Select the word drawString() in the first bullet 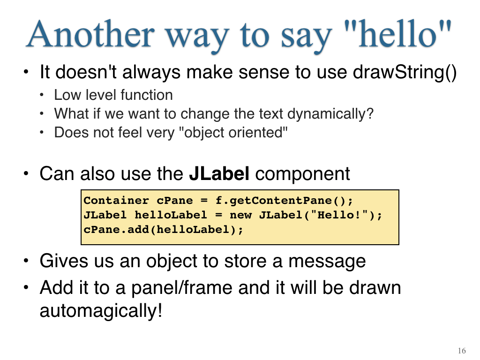[405, 73]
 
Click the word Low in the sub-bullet [67, 95]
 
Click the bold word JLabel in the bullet [219, 173]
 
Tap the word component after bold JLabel [302, 174]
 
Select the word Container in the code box [116, 200]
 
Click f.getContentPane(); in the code [284, 201]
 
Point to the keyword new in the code [240, 215]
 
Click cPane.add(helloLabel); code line [164, 230]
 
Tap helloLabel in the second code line [171, 215]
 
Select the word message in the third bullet [327, 262]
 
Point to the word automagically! [101, 311]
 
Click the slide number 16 [462, 351]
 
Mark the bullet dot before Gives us [26, 261]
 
